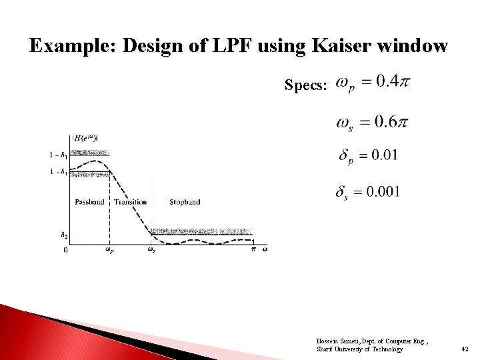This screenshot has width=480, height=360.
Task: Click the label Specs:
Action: (x=306, y=85)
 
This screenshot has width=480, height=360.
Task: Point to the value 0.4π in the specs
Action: (x=393, y=82)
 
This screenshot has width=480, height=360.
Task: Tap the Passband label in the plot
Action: (x=89, y=202)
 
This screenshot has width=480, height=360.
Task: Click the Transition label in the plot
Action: (x=130, y=202)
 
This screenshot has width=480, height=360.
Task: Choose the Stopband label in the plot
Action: (x=185, y=202)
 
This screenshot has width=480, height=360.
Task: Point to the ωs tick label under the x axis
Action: (x=151, y=250)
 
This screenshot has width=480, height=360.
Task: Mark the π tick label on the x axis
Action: (x=253, y=249)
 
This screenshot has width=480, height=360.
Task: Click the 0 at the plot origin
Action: (x=65, y=250)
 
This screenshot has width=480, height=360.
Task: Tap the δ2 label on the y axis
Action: (x=63, y=235)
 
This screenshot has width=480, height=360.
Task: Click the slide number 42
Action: (x=465, y=349)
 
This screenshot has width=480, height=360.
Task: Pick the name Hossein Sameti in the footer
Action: (x=337, y=341)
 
